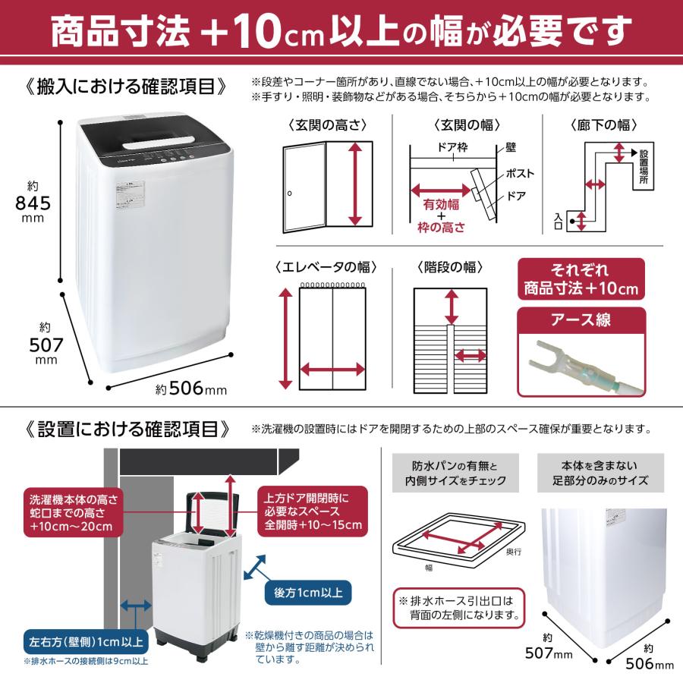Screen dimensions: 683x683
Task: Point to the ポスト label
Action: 520,173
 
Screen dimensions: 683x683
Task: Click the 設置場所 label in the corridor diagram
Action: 644,169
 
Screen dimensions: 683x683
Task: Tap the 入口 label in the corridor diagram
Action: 559,221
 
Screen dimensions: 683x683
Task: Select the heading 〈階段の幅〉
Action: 450,267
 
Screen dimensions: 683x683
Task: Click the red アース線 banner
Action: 581,319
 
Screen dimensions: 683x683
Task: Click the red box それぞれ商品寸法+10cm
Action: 581,279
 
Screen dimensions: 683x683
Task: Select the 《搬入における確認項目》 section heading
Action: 126,84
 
